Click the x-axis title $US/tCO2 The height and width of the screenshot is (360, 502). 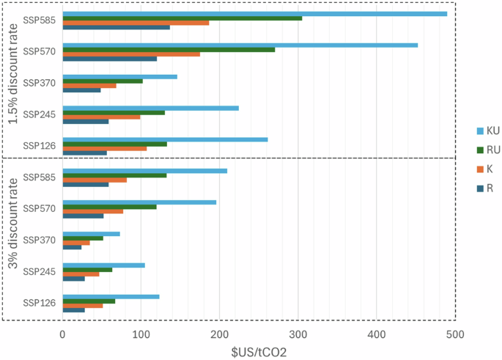tap(259, 352)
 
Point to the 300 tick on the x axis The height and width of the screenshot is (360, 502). tap(298, 334)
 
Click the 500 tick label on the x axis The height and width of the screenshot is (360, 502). tap(454, 334)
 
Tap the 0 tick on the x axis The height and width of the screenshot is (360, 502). tap(63, 334)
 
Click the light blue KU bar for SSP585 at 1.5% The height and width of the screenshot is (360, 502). tap(255, 14)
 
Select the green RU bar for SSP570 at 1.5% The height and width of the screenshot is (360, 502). tap(169, 49)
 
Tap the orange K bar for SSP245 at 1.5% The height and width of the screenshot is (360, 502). tap(101, 117)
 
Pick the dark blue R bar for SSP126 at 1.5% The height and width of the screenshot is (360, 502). tap(85, 153)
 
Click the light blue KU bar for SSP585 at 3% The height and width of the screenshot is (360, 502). tap(145, 171)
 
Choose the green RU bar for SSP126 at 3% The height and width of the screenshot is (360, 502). tap(89, 301)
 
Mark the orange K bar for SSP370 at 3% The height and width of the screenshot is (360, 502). tap(76, 243)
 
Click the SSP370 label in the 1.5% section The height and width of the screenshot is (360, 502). tap(36, 83)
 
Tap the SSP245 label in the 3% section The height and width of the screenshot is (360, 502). tap(36, 271)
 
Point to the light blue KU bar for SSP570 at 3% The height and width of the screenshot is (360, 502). tap(139, 202)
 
